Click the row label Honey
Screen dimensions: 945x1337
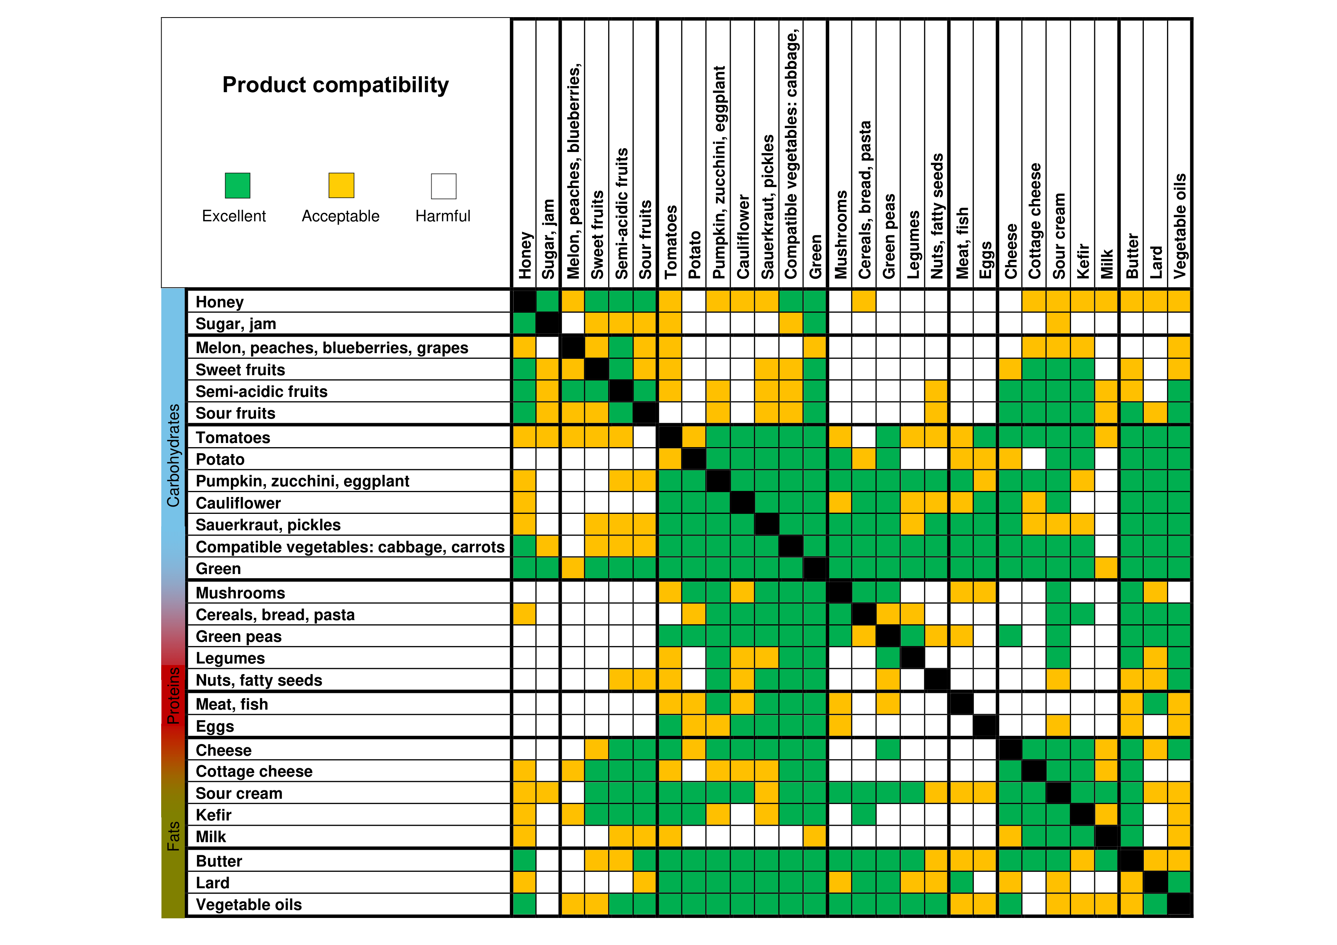219,302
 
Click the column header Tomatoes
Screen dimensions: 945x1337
671,241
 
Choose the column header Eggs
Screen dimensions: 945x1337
985,260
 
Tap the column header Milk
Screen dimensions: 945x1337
1107,263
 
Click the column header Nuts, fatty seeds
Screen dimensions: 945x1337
937,216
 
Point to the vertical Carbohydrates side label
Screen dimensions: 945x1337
173,455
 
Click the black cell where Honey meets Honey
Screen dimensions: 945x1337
524,301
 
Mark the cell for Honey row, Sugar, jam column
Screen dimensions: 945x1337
548,301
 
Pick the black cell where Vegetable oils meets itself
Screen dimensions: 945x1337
1179,904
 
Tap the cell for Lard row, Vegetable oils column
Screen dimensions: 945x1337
1179,882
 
